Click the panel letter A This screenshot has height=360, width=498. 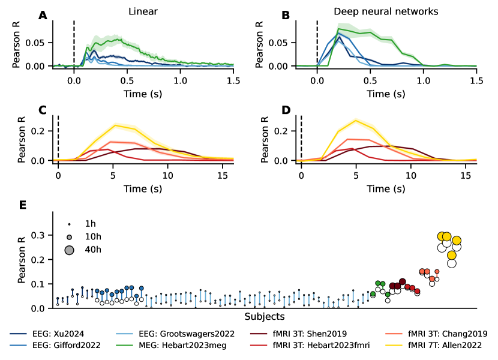[43, 16]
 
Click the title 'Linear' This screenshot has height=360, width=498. [143, 11]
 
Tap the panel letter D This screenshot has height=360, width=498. [286, 110]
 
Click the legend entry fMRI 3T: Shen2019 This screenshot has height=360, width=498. [309, 334]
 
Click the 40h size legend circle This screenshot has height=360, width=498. [69, 250]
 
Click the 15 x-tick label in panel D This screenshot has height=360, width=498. [465, 175]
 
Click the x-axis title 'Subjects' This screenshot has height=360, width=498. [265, 316]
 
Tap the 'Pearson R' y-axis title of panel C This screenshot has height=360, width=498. [22, 139]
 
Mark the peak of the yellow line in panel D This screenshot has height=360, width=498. [356, 120]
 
